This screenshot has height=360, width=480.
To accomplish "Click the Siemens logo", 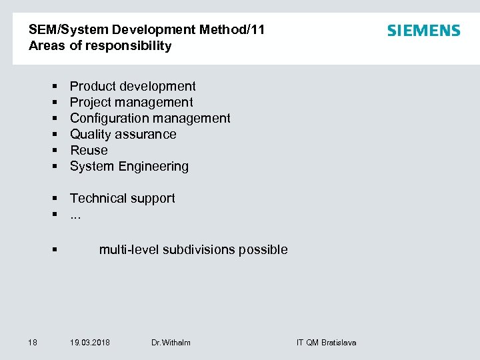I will [423, 31].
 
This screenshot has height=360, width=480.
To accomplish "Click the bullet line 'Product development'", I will [133, 86].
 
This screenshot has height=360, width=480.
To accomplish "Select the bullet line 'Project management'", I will [131, 102].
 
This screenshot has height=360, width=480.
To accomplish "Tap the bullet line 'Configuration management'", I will [150, 118].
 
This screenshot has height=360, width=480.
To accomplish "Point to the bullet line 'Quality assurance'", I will [123, 134].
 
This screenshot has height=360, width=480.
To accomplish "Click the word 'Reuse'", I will [89, 150].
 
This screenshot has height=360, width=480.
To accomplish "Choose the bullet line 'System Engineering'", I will [129, 166].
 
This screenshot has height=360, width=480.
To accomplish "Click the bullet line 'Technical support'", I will [123, 198].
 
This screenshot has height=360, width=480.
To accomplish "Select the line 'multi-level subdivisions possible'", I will [193, 249].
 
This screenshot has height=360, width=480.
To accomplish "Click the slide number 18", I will [33, 342].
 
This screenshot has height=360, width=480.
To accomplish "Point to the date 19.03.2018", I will [90, 342].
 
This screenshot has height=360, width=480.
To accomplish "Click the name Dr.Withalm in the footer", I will [171, 342].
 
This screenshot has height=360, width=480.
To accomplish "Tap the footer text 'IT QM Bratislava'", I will [326, 342].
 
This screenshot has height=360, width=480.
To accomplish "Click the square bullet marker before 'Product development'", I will [54, 87].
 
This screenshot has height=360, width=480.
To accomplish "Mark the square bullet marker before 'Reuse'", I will [54, 151].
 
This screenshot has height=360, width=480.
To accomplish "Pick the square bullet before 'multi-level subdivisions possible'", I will [54, 250].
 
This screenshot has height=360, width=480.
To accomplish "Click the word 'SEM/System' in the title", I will [69, 30].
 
